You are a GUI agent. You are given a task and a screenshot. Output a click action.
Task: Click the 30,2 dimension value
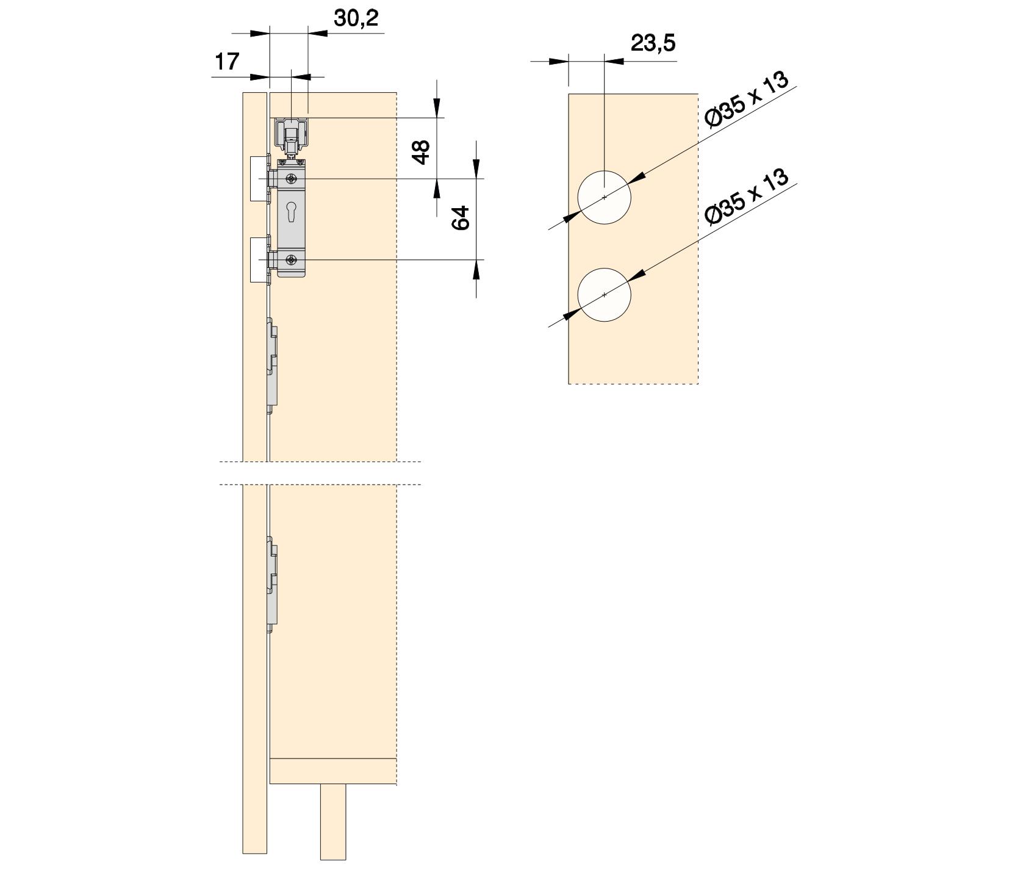356,18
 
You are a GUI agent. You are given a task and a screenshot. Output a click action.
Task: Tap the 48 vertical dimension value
421,152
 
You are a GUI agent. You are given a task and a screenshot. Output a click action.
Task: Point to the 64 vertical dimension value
461,218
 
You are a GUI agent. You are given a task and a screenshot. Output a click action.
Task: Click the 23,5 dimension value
653,43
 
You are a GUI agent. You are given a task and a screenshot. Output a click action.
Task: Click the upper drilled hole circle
604,197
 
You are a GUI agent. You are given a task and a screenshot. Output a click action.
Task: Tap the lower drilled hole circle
604,295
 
